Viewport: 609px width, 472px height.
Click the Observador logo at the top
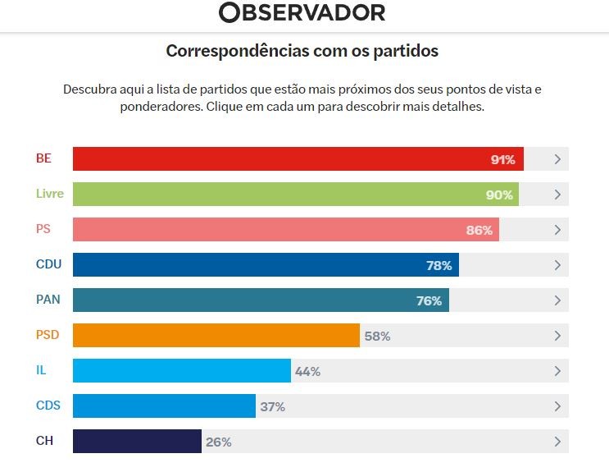(302, 12)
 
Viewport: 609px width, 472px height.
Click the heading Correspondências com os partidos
(302, 51)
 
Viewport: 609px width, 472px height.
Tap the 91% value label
(502, 159)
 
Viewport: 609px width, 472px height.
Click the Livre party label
(49, 195)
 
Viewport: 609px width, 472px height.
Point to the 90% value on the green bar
(500, 195)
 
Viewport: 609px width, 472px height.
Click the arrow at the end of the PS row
(557, 230)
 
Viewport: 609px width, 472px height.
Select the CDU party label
(48, 265)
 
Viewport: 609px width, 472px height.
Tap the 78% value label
(439, 265)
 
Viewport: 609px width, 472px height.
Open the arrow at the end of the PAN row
(557, 300)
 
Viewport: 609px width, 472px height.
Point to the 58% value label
(377, 336)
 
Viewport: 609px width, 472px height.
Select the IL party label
(41, 371)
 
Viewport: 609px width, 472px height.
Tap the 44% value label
(307, 371)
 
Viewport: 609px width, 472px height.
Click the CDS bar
(164, 406)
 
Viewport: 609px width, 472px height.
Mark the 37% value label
(272, 406)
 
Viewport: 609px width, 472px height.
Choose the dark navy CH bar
(137, 442)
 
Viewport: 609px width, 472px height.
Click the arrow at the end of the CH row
(557, 442)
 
